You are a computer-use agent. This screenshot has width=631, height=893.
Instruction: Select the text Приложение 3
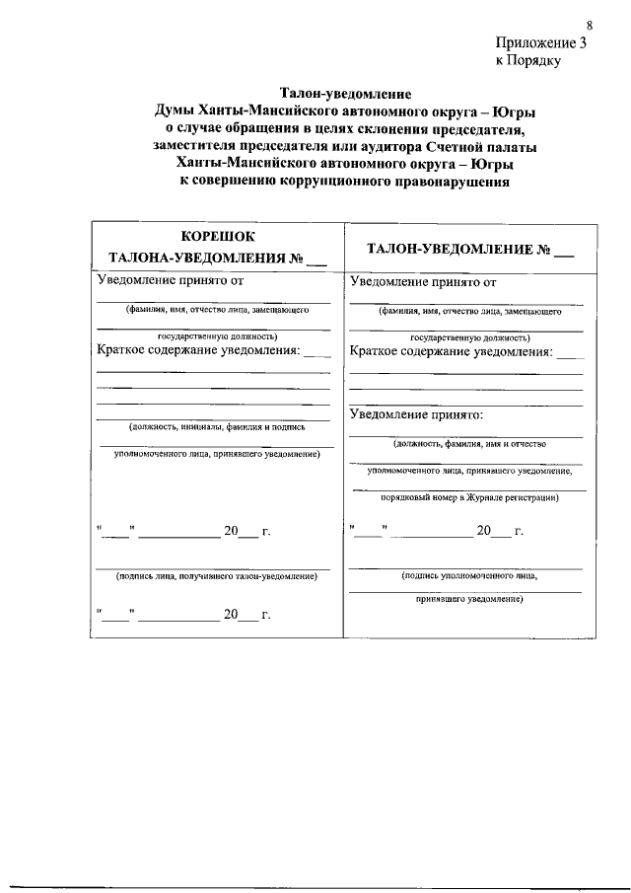pyautogui.click(x=542, y=42)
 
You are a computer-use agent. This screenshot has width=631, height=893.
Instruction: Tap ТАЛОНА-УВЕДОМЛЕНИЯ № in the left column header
pyautogui.click(x=197, y=259)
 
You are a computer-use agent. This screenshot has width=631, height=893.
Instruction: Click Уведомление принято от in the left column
pyautogui.click(x=169, y=281)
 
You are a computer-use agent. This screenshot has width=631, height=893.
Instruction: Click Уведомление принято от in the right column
pyautogui.click(x=423, y=281)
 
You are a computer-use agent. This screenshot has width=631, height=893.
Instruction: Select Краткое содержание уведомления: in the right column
pyautogui.click(x=452, y=351)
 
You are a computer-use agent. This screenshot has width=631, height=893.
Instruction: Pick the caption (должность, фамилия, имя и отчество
pyautogui.click(x=468, y=443)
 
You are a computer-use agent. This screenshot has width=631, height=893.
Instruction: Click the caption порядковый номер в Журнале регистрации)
pyautogui.click(x=469, y=498)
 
